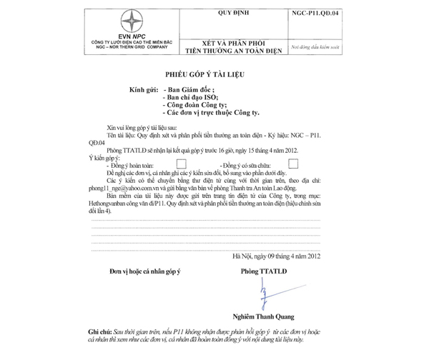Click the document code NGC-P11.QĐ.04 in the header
pyautogui.click(x=317, y=13)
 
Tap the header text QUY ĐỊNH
pyautogui.click(x=230, y=13)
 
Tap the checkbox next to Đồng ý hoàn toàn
pyautogui.click(x=182, y=164)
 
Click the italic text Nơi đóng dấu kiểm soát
pyautogui.click(x=317, y=44)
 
